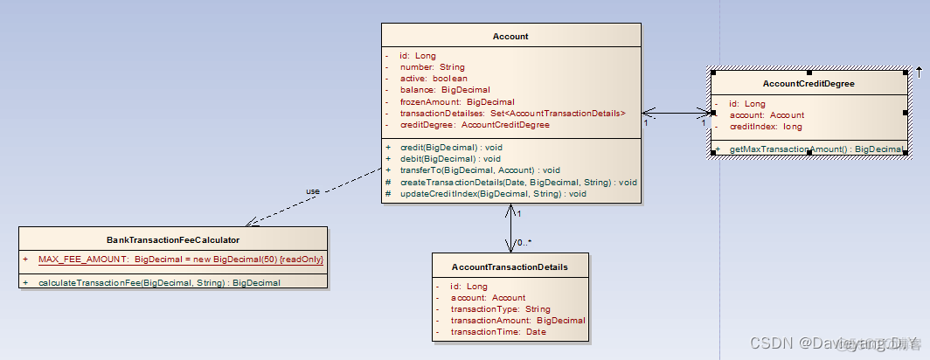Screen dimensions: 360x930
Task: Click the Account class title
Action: (510, 37)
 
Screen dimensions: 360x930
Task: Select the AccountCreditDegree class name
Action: (809, 84)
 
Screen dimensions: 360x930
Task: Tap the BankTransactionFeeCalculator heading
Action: (173, 239)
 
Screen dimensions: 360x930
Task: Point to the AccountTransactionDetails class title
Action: (510, 267)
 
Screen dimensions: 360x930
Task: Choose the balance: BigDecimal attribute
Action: (445, 90)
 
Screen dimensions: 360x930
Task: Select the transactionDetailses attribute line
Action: (512, 113)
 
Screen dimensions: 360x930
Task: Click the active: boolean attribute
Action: (434, 79)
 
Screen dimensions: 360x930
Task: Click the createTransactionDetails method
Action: (518, 182)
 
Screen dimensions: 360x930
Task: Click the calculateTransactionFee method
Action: (159, 282)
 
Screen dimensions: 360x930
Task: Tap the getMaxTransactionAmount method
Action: (815, 149)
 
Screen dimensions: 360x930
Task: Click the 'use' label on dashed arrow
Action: (312, 191)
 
